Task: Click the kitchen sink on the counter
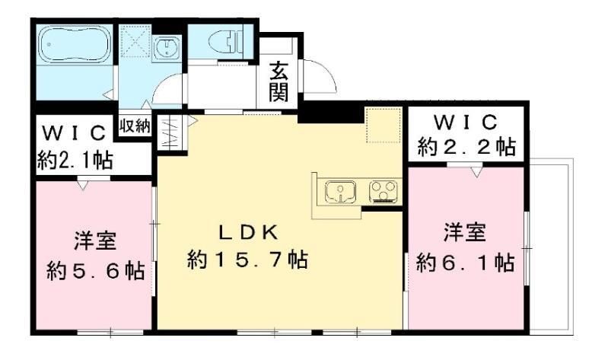click(340, 192)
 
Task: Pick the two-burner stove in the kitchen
click(383, 192)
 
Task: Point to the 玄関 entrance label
click(279, 85)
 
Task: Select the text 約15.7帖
click(247, 260)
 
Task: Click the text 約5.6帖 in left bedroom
click(95, 271)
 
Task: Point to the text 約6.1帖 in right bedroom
click(464, 263)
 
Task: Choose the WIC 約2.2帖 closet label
click(466, 134)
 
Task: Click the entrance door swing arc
click(320, 74)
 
